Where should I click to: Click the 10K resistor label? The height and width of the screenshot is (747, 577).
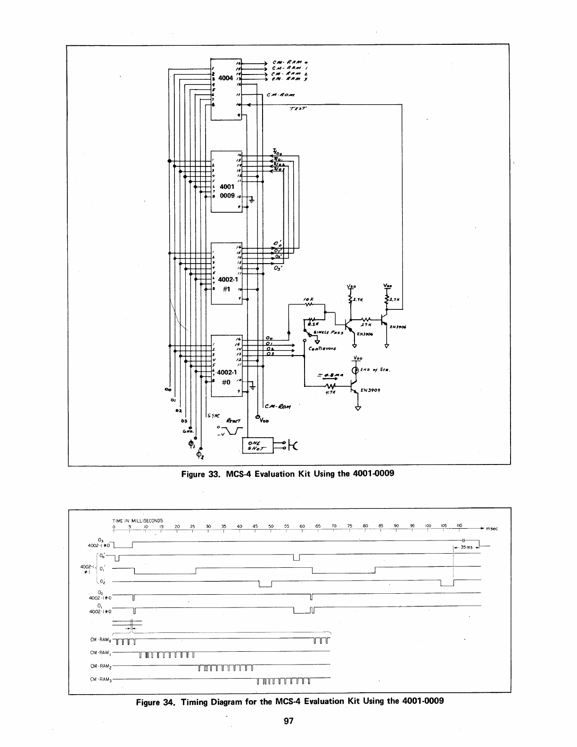309,299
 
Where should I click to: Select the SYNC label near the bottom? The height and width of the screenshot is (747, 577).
214,415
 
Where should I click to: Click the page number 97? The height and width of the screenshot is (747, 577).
288,720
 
